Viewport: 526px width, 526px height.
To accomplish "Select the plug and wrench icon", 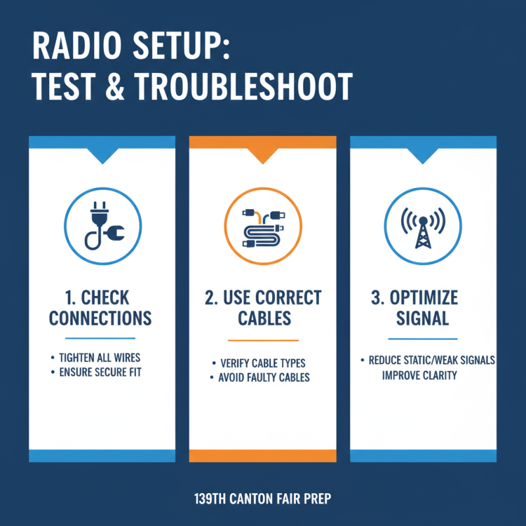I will coord(102,225).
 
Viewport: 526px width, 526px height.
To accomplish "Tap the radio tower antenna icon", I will coord(422,225).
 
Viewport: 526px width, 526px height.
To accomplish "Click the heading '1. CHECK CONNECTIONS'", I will coord(101,308).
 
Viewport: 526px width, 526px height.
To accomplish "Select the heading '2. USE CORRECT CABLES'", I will coord(262,308).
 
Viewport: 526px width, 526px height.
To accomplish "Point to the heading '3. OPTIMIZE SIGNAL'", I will coord(422,308).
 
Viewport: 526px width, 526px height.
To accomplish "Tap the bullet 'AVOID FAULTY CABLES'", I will coord(263,377).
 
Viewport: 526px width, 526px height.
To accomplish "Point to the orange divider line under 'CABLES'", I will coord(263,341).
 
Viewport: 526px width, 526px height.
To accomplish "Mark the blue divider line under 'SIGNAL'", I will coord(422,339).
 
